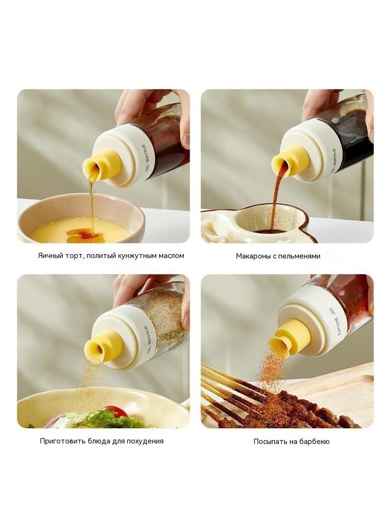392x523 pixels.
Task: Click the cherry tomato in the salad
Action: click(115, 411)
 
